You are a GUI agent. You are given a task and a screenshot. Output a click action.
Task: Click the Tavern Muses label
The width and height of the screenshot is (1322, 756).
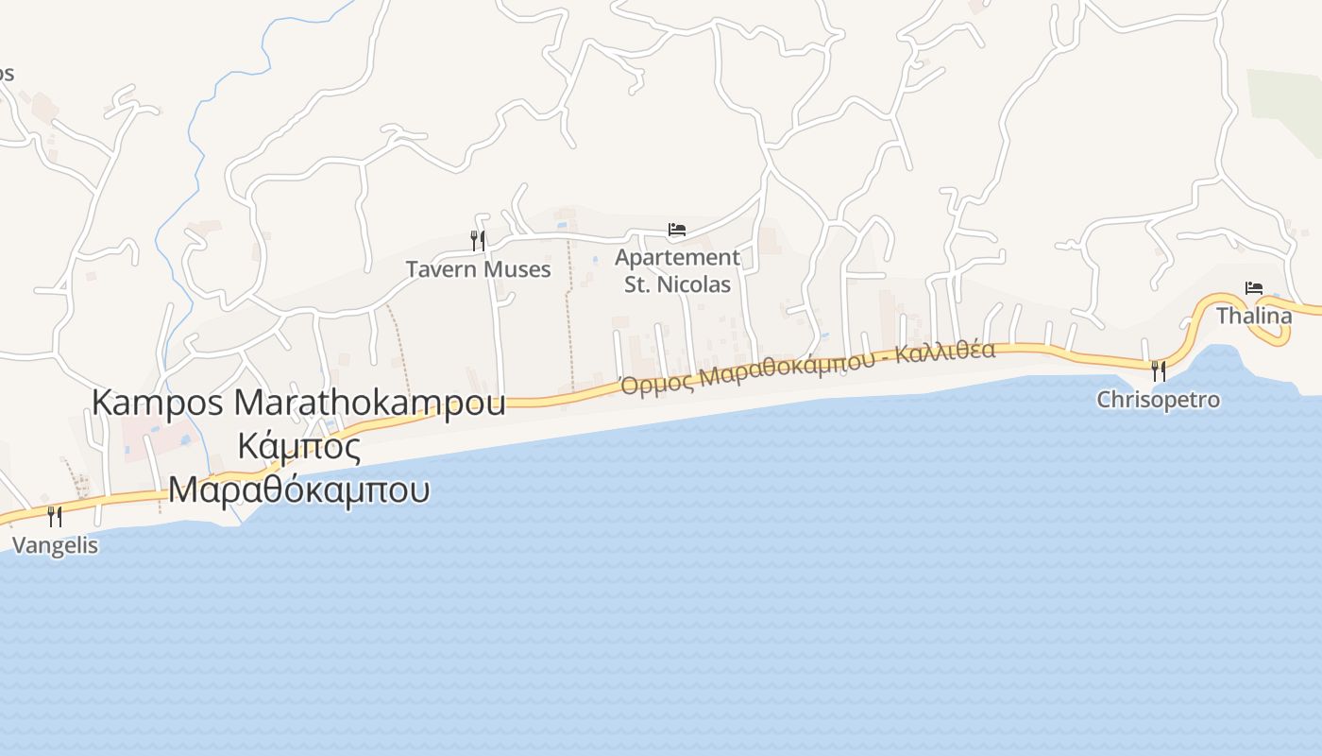pos(478,269)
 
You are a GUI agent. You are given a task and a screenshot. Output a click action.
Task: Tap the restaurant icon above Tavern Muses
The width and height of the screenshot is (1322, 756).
pos(478,241)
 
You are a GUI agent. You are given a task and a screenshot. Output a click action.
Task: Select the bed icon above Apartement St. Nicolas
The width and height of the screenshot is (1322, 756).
pos(676,229)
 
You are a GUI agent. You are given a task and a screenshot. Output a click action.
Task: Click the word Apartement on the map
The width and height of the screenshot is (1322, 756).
pos(677,257)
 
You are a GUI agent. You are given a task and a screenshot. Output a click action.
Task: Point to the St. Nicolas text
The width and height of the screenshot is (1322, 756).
pos(677,284)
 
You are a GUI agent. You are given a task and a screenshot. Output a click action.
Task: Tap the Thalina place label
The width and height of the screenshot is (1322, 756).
pos(1253,316)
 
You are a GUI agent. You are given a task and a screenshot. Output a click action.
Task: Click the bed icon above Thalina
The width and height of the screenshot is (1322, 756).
pos(1253,288)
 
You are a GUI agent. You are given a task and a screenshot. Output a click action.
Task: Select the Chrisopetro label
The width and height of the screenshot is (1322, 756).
pos(1158,400)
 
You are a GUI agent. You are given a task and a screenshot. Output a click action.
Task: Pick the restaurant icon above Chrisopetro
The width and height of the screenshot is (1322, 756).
pos(1159,370)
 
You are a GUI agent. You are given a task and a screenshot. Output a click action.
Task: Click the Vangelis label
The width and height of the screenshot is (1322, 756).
pos(55,545)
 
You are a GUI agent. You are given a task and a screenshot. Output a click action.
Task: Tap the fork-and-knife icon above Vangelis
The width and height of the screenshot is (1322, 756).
pos(55,516)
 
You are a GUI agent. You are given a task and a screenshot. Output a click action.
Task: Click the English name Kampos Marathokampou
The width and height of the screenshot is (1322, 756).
pos(298,403)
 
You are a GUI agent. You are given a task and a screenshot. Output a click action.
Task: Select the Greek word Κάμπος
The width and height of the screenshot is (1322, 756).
pos(298,446)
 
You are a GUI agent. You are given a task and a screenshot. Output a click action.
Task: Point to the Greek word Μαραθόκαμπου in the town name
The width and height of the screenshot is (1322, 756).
pos(298,490)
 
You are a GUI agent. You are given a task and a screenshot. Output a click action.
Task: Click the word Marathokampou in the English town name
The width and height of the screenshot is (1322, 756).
pos(369,403)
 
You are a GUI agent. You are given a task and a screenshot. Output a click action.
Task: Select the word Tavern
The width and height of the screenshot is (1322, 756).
pos(441,269)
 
